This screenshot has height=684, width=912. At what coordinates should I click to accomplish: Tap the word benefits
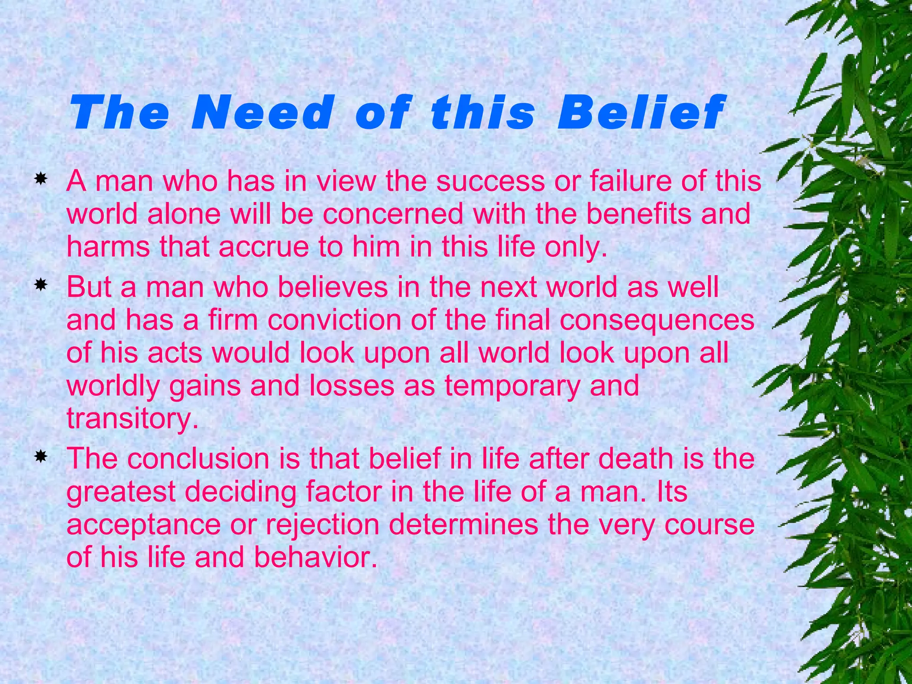coord(639,214)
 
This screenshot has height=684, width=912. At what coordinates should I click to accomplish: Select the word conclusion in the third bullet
coord(198,459)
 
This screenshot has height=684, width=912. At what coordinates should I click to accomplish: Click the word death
coord(635,459)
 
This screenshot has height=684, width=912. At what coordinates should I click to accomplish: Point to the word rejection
coord(322,525)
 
